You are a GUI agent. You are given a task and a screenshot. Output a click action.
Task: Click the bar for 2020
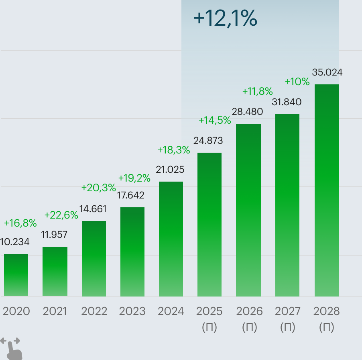click(x=16, y=275)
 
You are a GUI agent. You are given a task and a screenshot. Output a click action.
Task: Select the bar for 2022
click(x=94, y=259)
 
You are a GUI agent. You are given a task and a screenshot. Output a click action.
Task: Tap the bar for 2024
click(x=171, y=239)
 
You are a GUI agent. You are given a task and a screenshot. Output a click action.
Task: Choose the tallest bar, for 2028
click(x=326, y=190)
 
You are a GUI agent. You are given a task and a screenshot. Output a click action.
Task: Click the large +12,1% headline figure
click(x=225, y=19)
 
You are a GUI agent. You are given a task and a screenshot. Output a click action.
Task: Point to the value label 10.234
click(x=15, y=242)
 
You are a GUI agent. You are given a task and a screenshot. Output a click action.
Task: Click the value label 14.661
click(x=93, y=209)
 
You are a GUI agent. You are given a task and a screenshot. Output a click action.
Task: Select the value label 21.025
click(x=170, y=170)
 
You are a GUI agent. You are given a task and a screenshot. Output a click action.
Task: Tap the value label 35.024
click(x=327, y=73)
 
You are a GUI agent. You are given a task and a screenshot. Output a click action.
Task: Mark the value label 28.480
click(x=247, y=112)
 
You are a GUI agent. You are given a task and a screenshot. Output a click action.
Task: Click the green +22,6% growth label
click(x=61, y=215)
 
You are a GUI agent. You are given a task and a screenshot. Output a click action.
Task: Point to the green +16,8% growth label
click(x=20, y=223)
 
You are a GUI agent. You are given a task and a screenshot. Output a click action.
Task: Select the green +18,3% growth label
click(x=173, y=150)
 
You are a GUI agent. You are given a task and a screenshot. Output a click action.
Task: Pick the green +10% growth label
click(x=297, y=82)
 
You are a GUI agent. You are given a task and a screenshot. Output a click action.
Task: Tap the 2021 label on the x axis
click(x=55, y=311)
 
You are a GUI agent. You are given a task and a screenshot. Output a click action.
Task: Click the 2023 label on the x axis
click(x=132, y=311)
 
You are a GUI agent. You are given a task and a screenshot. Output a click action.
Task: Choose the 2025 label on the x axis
click(x=209, y=311)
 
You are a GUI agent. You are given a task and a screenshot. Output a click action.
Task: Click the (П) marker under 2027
click(x=287, y=327)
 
